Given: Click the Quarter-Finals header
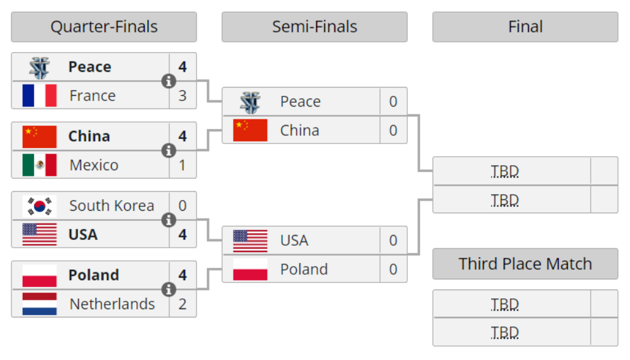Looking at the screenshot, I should [104, 27].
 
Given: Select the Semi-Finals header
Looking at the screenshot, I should [314, 27].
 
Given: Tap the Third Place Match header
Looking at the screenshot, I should [525, 264].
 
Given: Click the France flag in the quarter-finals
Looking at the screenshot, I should [39, 96].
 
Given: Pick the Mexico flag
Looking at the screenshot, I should [39, 165].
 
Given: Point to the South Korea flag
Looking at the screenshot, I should [39, 206].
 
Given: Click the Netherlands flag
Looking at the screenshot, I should [39, 304].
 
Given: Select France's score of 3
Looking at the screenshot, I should [183, 96].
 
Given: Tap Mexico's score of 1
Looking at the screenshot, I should [183, 165].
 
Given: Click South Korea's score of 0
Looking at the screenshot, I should [183, 206].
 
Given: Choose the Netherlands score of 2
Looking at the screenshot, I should [183, 304].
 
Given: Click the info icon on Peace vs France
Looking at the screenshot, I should [169, 81].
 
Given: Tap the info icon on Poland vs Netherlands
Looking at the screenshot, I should [169, 290].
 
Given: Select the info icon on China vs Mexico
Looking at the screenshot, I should [169, 150].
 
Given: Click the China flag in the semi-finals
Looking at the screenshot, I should [250, 130].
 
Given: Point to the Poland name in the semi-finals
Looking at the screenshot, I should [304, 269].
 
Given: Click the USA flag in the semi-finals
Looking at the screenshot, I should [250, 241].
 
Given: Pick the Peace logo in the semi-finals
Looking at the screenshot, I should [250, 102].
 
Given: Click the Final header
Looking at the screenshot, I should [525, 27].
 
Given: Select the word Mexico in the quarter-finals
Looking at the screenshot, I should [94, 165].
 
